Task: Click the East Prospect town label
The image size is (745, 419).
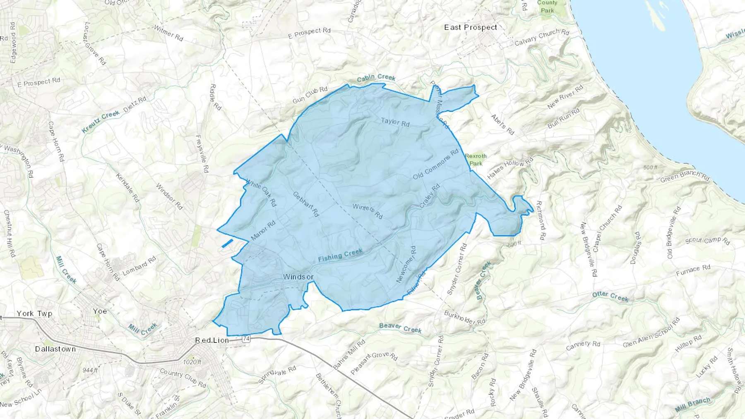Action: coord(471,27)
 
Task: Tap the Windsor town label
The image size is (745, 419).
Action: coord(298,277)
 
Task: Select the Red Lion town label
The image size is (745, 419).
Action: coord(212,340)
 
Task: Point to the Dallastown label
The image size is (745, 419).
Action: coord(55,349)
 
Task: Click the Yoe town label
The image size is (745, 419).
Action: coord(100,311)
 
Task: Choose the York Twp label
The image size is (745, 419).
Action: coord(35,314)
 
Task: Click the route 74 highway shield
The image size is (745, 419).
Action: coord(246,339)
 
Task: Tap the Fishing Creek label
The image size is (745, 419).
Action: coord(340,255)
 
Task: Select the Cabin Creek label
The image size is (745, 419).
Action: coord(376,77)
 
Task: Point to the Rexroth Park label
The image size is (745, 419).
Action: coord(476,159)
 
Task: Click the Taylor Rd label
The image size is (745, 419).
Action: coord(395,122)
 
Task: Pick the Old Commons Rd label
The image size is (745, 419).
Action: coord(436,164)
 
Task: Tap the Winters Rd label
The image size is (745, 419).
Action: coord(368,211)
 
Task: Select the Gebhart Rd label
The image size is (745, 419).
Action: coord(306,204)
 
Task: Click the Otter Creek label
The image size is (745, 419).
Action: coord(610,296)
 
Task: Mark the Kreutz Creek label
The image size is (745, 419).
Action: coord(101,121)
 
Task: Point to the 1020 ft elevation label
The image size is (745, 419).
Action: coord(192,362)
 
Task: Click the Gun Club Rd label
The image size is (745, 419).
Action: coord(310,95)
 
